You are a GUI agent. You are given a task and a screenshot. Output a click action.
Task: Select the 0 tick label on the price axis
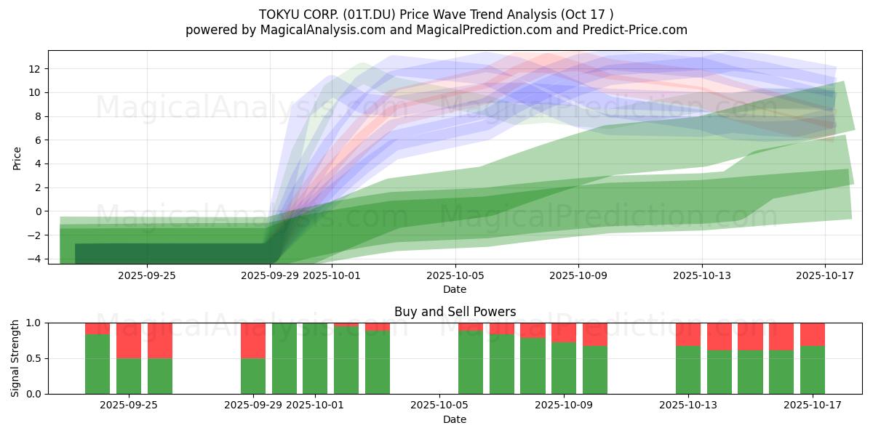(38, 211)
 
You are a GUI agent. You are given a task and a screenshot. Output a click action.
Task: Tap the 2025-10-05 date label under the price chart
(455, 275)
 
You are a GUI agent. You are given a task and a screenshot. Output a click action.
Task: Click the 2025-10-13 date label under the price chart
(702, 275)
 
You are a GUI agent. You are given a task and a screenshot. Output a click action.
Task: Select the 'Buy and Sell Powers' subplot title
(455, 312)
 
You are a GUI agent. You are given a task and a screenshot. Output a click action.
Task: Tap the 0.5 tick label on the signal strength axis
(33, 358)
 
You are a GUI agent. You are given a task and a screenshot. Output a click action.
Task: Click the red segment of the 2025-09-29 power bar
(253, 340)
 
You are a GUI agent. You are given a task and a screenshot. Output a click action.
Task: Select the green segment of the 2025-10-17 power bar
(813, 370)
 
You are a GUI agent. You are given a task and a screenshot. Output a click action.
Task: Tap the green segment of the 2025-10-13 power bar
(688, 370)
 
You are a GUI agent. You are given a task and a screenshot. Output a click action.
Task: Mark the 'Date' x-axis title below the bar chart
(455, 419)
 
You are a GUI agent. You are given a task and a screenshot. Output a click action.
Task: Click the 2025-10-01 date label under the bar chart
(316, 405)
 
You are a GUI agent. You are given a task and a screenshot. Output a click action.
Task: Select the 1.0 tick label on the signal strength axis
(33, 323)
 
